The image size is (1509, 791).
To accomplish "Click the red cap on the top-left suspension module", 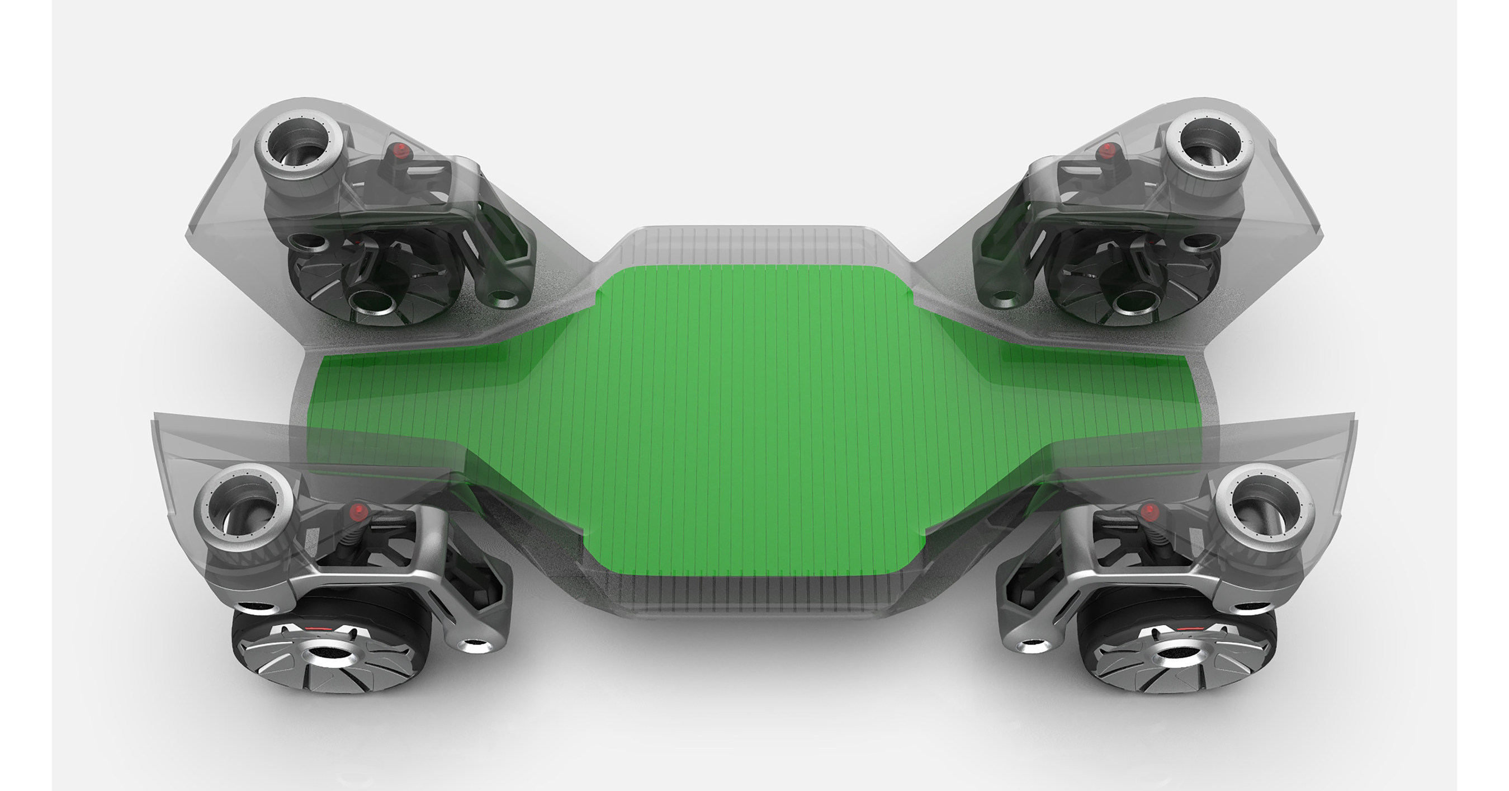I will coord(400,150).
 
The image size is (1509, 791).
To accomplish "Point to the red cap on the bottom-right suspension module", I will coord(1150,511).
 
